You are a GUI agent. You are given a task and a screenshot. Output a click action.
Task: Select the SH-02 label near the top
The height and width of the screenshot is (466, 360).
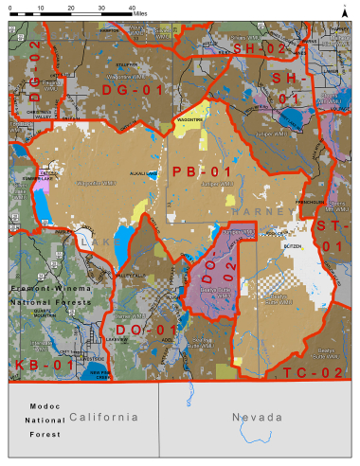pos(260,47)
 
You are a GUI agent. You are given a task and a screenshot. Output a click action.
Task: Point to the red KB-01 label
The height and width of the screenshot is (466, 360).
pos(45,364)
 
